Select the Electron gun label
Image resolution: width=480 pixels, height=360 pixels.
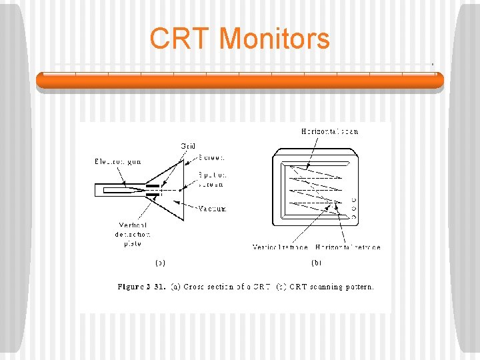coord(117,161)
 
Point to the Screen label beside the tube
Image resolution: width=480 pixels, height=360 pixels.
coord(212,158)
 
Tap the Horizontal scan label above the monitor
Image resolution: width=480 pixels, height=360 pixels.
coord(329,131)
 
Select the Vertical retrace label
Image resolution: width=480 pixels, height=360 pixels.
coord(281,247)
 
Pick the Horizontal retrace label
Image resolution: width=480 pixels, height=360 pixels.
coord(348,247)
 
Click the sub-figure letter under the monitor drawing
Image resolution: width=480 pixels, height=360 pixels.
coord(316,263)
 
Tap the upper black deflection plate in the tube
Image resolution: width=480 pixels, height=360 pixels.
coord(153,185)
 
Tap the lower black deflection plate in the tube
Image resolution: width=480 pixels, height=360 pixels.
coord(153,195)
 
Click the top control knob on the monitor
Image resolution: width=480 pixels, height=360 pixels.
coord(353,200)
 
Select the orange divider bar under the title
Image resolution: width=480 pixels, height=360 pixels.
coord(239,81)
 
